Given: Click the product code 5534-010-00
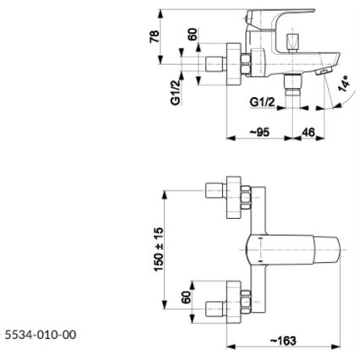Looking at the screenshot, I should point(40,335).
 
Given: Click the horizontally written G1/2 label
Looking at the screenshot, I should point(264,102).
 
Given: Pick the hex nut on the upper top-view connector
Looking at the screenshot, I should point(244,199).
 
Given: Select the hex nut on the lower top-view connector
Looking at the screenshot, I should point(244,301).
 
